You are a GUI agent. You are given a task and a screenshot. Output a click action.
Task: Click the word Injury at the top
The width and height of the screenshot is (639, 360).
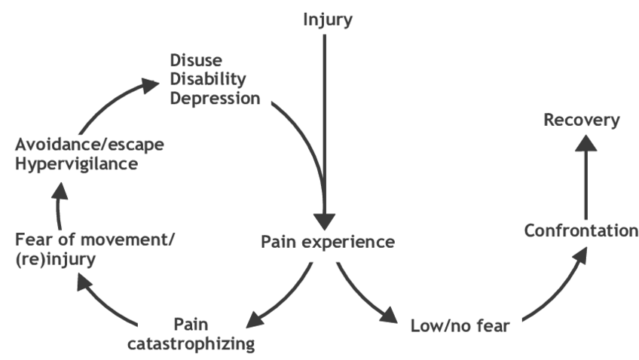328,20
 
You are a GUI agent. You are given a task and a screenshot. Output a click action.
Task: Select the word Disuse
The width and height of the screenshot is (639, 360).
196,60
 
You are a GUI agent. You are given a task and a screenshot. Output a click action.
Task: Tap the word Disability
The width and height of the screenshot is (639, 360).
208,79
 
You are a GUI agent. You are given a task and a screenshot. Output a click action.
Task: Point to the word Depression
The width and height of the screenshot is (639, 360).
215,99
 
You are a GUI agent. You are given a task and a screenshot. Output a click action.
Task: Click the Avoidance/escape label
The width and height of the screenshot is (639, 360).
90,145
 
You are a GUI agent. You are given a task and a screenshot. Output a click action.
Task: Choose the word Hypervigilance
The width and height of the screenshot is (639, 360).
77,164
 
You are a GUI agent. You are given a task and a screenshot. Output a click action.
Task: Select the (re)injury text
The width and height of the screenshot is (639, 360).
56,259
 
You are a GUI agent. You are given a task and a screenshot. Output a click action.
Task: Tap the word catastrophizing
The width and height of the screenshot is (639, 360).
191,343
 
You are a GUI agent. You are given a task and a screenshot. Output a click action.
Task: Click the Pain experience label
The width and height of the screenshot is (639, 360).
328,242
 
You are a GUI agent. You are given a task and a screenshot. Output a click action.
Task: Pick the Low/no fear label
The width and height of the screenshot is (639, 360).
460,326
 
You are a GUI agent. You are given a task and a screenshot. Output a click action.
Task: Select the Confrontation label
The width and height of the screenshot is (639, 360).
581,230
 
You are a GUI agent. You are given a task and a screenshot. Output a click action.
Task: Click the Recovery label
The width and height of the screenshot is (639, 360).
582,121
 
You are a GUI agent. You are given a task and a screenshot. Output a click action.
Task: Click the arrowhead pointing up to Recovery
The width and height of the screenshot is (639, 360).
586,143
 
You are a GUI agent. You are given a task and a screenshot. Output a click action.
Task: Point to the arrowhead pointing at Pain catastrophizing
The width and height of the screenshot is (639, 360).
255,319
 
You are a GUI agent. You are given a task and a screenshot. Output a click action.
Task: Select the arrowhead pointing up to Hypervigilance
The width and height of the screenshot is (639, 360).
60,191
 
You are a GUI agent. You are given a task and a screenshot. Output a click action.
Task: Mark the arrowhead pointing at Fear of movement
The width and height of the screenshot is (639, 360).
84,282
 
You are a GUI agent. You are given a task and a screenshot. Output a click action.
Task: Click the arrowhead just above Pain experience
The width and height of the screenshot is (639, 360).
324,222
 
